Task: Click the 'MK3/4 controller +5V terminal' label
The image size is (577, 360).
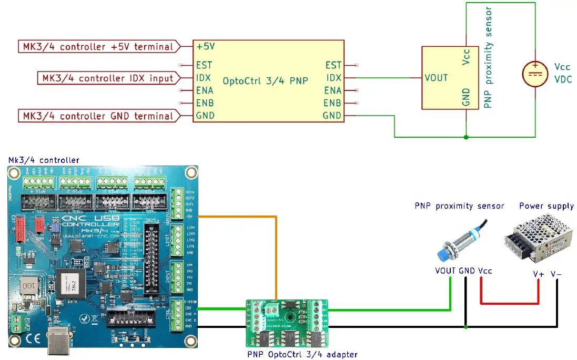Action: point(98,47)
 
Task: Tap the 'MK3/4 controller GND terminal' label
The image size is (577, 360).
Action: point(98,116)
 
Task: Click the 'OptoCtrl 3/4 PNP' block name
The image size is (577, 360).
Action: point(265,81)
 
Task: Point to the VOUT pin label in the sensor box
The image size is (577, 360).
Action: point(436,78)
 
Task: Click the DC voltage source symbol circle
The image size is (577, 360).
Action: point(535,73)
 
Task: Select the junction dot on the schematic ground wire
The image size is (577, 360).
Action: point(466,138)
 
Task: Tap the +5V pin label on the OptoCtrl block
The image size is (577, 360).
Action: point(206,47)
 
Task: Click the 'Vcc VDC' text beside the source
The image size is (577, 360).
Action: point(562,74)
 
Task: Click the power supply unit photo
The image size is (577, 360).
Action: point(537,240)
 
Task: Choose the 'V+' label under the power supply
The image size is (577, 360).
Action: point(538,274)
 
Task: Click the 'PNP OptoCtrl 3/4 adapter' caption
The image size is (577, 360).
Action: point(302,354)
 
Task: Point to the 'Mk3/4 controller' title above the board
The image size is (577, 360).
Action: point(43,160)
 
